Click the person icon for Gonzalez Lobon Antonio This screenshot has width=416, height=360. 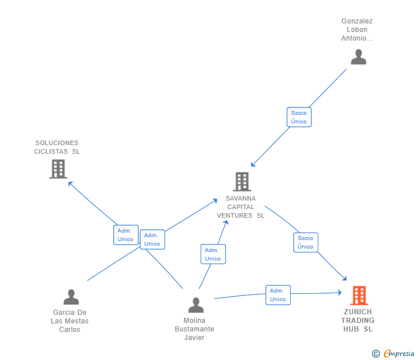(358, 57)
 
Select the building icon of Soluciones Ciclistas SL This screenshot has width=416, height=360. (58, 169)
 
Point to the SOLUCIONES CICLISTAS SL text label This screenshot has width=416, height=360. (57, 147)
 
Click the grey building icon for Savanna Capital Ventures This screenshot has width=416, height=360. (242, 182)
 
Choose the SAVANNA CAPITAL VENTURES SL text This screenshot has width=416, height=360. (241, 207)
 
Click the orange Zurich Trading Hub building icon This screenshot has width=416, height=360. (359, 295)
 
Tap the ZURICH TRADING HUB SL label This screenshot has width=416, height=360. (358, 321)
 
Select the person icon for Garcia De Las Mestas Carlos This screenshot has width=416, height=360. (71, 297)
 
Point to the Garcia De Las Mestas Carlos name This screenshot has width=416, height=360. (70, 321)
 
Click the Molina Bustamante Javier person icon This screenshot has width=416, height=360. (196, 305)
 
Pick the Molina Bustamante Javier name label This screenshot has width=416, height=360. (195, 329)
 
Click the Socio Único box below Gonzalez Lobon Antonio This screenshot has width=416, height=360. (299, 117)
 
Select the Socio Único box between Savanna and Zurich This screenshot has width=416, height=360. (306, 242)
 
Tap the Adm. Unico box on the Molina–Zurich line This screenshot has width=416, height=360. (278, 295)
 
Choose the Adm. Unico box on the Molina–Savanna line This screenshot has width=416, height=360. (213, 254)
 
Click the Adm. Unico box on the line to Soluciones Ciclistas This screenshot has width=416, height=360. (126, 235)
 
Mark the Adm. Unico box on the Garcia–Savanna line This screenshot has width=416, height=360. (152, 239)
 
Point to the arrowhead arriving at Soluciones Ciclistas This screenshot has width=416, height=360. (70, 183)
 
